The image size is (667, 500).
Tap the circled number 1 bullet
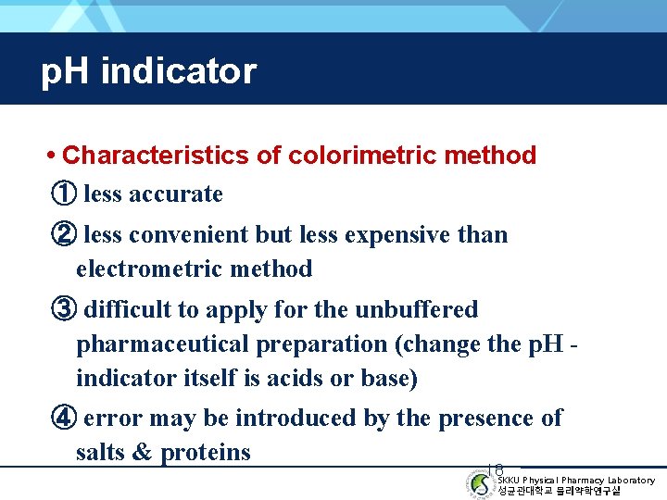[x=63, y=194]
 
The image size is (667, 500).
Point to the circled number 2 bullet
[x=63, y=235]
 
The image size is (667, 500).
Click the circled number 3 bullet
[x=63, y=309]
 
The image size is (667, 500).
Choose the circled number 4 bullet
[x=63, y=419]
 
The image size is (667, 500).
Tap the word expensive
[x=396, y=235]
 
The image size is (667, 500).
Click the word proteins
[x=206, y=453]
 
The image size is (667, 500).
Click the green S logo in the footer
[x=481, y=485]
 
